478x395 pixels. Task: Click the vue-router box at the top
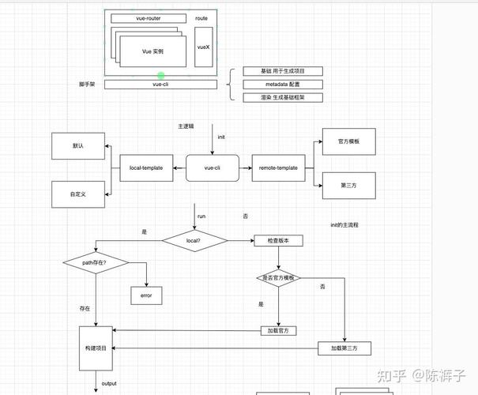[x=149, y=17]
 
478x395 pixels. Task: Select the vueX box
[x=204, y=48]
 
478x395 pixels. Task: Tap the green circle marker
[x=161, y=75]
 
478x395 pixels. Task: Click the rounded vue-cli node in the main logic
[x=213, y=167]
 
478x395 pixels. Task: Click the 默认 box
[x=78, y=146]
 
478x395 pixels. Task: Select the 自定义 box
[x=78, y=194]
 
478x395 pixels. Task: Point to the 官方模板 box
[x=349, y=141]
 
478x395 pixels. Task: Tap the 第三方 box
[x=349, y=186]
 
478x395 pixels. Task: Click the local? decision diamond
[x=194, y=240]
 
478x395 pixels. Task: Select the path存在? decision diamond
[x=95, y=261]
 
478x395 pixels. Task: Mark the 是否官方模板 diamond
[x=278, y=278]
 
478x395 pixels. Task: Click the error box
[x=146, y=295]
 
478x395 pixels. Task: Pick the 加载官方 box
[x=277, y=330]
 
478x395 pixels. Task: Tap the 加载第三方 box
[x=344, y=348]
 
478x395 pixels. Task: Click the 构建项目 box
[x=96, y=348]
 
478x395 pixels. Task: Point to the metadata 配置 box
[x=271, y=84]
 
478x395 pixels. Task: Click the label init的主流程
[x=344, y=225]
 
